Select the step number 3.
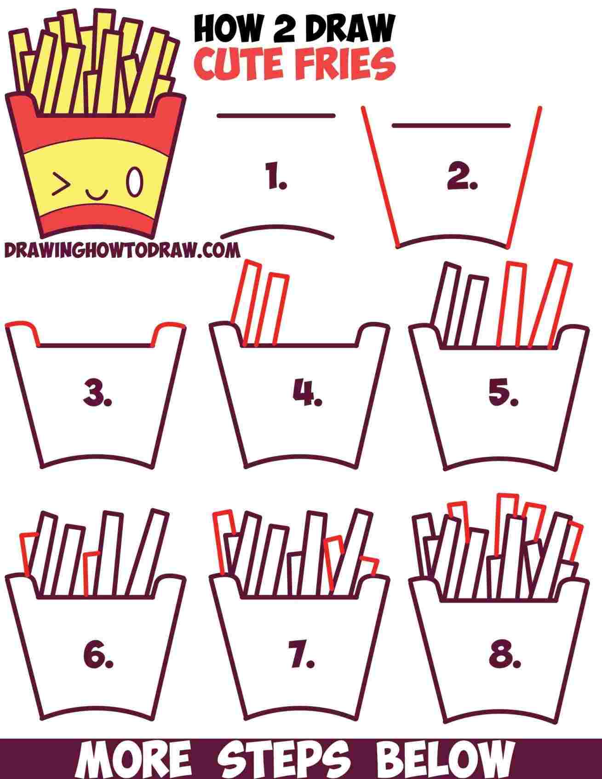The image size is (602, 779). pyautogui.click(x=97, y=394)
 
